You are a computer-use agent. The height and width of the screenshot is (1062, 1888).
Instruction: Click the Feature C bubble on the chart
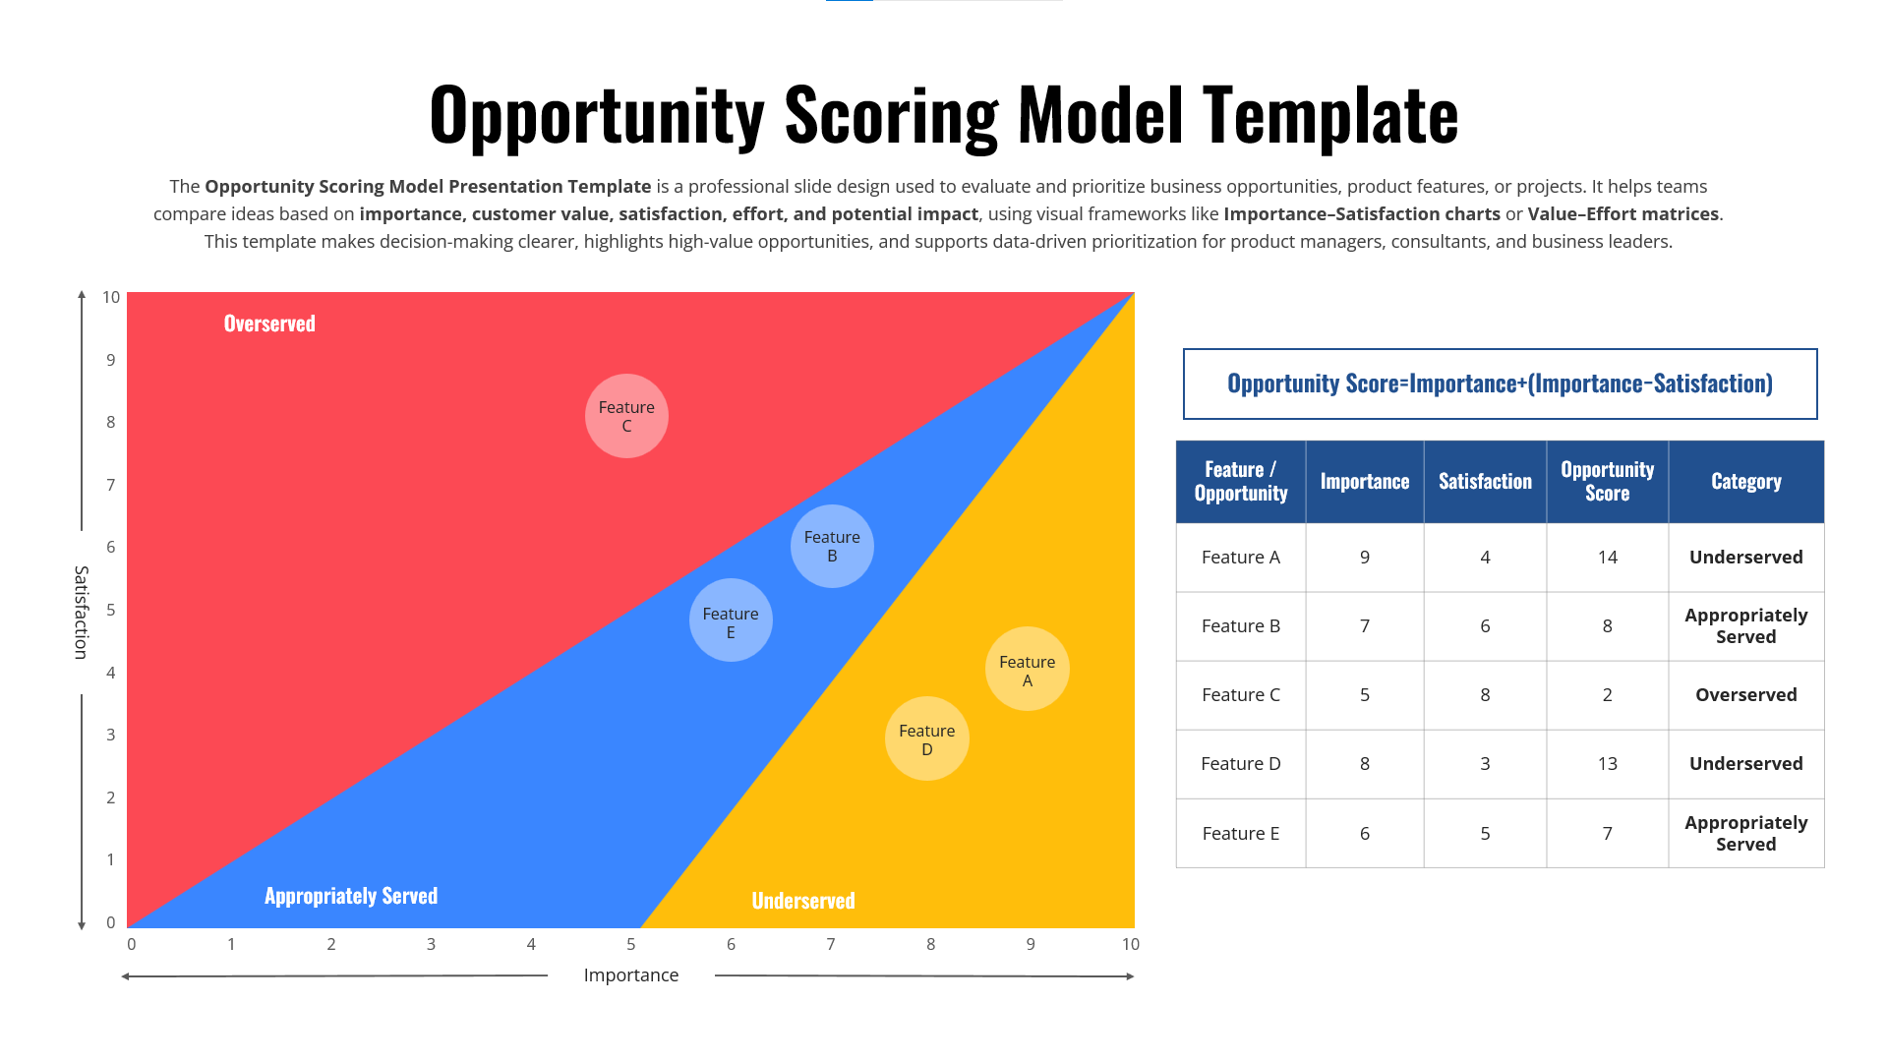click(626, 416)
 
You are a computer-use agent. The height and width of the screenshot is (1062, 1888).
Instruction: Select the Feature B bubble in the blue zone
click(832, 547)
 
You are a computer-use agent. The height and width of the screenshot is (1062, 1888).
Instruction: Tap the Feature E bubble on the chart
click(731, 620)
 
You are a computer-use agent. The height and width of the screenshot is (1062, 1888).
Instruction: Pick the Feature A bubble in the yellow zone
click(1027, 670)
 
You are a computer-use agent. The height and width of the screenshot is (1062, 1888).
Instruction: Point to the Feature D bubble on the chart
click(926, 738)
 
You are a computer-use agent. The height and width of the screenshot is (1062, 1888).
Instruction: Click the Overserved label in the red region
click(269, 324)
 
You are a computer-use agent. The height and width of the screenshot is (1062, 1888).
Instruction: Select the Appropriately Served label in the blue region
click(351, 896)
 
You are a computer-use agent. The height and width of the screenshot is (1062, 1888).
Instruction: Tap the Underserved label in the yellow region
click(803, 901)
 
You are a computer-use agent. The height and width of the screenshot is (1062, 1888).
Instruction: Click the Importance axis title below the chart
click(630, 975)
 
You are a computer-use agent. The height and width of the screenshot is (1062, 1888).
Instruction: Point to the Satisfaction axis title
click(82, 612)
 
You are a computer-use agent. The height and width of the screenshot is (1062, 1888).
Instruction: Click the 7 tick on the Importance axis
click(831, 944)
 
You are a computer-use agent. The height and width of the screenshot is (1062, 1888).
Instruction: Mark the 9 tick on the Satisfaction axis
click(111, 360)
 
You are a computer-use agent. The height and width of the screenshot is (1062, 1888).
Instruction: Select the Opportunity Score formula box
click(1500, 383)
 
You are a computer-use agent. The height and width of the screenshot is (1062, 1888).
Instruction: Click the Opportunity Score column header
click(1607, 482)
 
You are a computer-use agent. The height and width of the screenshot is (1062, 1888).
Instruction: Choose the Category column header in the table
click(1745, 482)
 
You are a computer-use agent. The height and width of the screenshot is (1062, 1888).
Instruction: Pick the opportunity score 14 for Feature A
click(1607, 558)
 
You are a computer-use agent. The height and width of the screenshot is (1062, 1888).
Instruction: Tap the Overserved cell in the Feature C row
click(1745, 695)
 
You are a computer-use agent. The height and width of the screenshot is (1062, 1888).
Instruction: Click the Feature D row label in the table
click(1240, 764)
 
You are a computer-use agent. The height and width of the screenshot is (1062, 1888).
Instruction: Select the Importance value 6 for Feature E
click(1364, 834)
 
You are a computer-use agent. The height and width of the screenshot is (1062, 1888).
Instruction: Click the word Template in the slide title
click(1330, 116)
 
